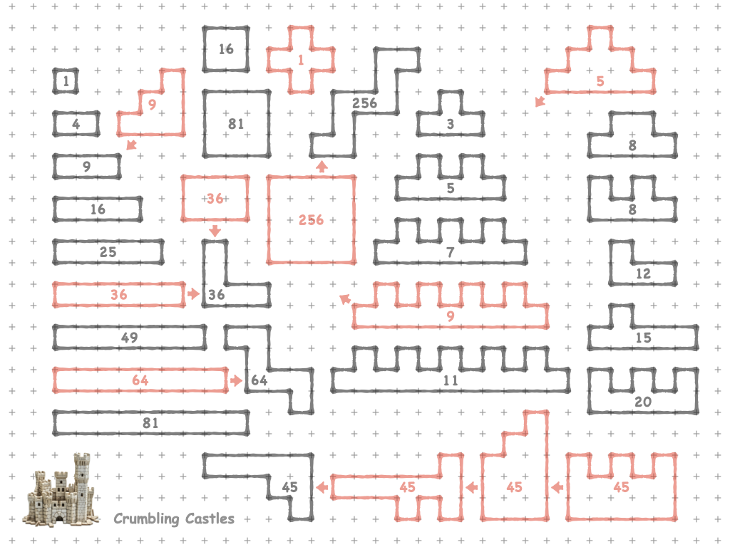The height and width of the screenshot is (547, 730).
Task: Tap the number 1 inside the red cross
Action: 300,60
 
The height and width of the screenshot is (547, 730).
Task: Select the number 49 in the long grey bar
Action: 129,338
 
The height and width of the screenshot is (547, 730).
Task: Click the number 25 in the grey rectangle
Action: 108,252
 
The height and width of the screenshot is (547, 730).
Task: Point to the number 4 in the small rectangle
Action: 76,124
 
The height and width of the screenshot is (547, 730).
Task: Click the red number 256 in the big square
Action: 311,220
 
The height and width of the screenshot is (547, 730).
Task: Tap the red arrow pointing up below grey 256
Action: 322,166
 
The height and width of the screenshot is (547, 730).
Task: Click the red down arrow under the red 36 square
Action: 215,231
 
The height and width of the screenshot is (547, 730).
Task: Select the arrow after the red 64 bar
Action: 237,380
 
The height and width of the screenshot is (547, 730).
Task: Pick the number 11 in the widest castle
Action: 450,380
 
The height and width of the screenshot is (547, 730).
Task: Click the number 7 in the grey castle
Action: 450,252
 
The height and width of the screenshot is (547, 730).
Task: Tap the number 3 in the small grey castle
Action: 450,124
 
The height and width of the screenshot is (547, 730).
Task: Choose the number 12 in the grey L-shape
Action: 643,273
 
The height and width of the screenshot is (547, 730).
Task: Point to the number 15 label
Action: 643,338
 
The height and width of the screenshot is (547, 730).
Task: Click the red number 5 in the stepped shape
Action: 600,81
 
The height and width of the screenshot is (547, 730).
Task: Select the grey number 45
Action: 289,487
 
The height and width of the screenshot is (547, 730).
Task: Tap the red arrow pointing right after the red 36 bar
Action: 192,293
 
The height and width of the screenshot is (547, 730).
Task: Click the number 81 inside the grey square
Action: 236,124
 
